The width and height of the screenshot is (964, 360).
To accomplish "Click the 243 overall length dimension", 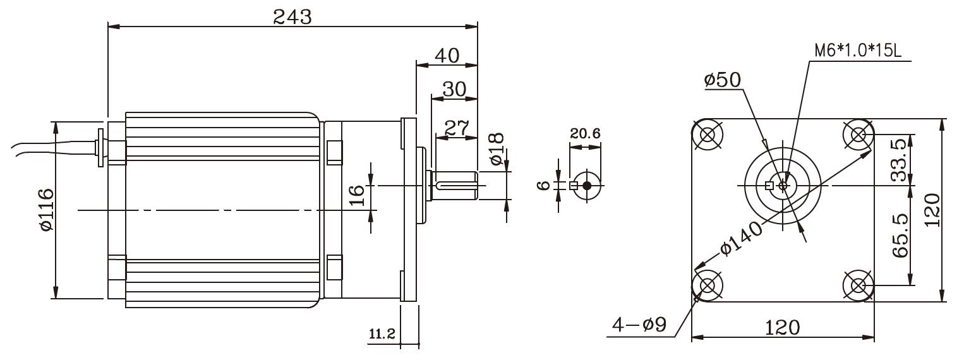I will (x=292, y=17).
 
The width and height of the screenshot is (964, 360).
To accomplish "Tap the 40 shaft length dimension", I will (x=446, y=55).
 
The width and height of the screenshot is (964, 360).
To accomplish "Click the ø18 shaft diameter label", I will (x=496, y=149).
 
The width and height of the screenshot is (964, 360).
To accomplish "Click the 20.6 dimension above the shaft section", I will (x=584, y=133).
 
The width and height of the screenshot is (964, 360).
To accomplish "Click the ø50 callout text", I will (x=723, y=80).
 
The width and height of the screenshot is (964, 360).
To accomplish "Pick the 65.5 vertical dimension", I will (x=899, y=235).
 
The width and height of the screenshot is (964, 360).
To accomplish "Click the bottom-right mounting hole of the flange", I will (x=859, y=286).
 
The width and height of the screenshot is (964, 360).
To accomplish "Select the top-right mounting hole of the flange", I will (x=859, y=135).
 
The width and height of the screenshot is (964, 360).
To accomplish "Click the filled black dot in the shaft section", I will (x=587, y=186).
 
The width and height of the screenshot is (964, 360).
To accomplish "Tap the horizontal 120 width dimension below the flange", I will (x=782, y=328).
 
